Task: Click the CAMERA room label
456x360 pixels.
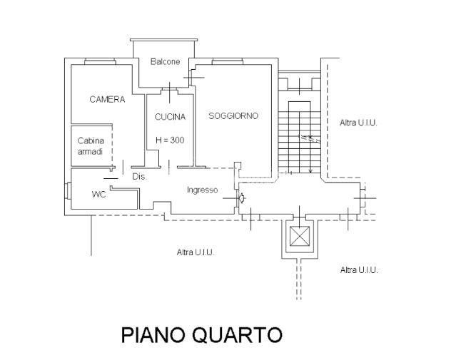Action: (107, 100)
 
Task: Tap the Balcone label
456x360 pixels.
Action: (165, 62)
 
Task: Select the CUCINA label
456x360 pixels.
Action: (170, 117)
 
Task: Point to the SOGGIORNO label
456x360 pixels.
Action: (233, 115)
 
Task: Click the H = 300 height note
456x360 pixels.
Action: (170, 140)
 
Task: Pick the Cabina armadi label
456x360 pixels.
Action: (90, 145)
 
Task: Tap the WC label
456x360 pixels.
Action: (98, 194)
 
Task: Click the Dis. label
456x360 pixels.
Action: (139, 177)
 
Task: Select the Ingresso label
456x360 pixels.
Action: (203, 190)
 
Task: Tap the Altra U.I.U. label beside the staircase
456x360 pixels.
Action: (358, 123)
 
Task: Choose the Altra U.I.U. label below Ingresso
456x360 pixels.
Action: (196, 252)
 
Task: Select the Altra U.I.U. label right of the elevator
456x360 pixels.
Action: (358, 269)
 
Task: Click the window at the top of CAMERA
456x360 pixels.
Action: (100, 61)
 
